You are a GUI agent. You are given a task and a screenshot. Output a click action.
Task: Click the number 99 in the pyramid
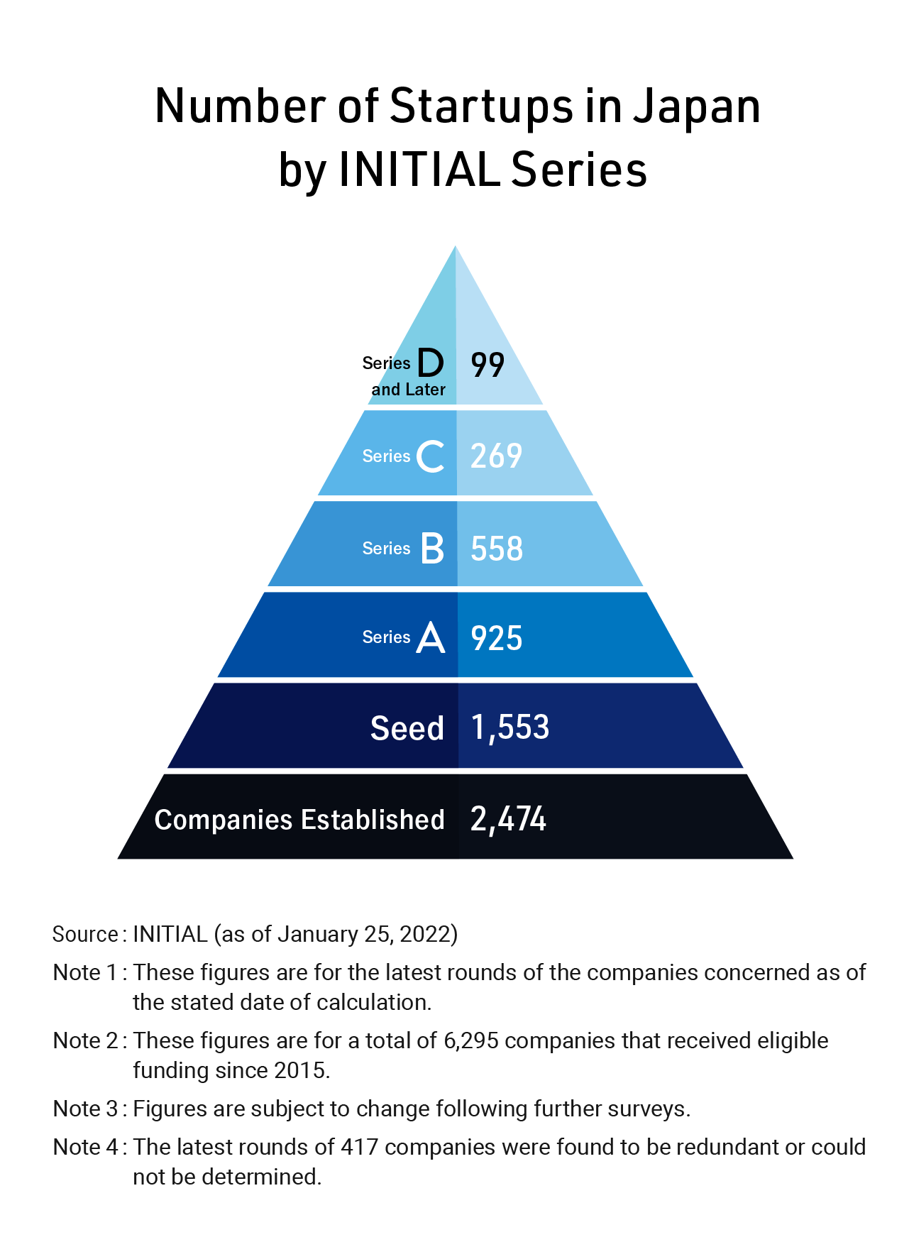487,365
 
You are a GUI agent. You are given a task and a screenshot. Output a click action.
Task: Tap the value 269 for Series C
496,456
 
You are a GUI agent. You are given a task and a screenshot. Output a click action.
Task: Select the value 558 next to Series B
497,549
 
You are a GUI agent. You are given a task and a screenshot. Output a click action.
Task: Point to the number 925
497,638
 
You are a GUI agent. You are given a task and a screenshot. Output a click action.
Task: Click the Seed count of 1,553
510,728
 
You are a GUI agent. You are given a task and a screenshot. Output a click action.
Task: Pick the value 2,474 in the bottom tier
508,819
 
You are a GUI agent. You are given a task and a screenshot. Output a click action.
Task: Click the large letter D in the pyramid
430,363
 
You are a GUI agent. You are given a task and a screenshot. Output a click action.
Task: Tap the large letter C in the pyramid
431,456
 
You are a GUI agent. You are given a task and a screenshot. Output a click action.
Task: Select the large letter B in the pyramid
432,549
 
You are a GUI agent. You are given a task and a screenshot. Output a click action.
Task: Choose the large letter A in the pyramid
431,637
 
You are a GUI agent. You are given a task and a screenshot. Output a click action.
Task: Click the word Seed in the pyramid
407,729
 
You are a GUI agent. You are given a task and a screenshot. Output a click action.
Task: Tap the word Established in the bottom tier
373,820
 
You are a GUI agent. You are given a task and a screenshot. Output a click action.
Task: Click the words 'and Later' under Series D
408,390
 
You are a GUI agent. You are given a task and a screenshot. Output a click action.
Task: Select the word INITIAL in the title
419,170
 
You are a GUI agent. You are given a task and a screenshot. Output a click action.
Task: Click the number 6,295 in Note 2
470,1040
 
